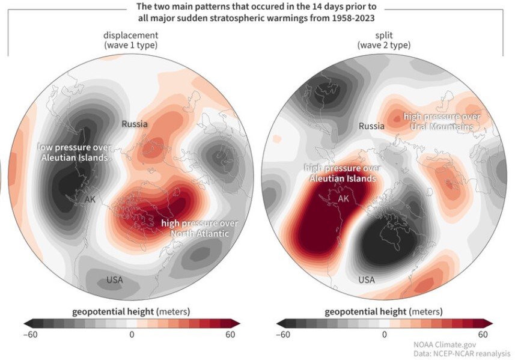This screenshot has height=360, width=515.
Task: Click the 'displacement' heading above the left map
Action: pyautogui.click(x=131, y=35)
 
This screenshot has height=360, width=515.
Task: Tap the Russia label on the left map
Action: pyautogui.click(x=135, y=124)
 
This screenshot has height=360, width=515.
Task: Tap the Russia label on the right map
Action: pyautogui.click(x=371, y=126)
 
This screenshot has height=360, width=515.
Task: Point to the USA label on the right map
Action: pyautogui.click(x=366, y=279)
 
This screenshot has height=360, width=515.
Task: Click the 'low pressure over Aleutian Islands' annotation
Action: pyautogui.click(x=73, y=152)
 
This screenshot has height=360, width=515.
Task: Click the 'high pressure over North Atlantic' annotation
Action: pyautogui.click(x=199, y=228)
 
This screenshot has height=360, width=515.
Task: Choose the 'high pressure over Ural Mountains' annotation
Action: pyautogui.click(x=442, y=121)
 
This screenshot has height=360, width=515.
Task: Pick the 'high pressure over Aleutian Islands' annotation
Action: pyautogui.click(x=342, y=174)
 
